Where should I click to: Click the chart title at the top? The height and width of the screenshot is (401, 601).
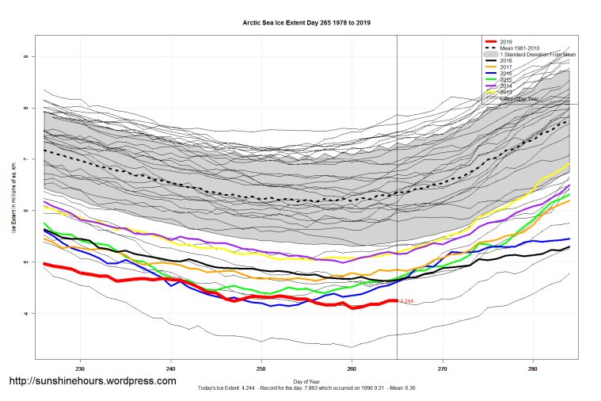point(306,23)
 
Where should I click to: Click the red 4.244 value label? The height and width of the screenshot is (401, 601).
point(406,301)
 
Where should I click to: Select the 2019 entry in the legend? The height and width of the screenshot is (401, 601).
point(507,41)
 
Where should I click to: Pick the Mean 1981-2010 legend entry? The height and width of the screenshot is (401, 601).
point(522,48)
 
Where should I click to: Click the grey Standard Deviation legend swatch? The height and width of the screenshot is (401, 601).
point(491,54)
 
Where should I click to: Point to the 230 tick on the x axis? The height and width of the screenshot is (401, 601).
point(80,368)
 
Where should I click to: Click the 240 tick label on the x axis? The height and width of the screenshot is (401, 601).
point(171,368)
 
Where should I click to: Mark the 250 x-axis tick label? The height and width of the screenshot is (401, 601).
point(261,368)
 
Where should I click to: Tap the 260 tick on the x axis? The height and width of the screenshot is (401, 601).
point(352,368)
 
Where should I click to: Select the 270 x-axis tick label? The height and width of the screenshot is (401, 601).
point(442,368)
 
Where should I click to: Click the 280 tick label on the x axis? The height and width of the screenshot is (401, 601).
point(533,368)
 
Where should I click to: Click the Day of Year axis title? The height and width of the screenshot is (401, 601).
point(306,380)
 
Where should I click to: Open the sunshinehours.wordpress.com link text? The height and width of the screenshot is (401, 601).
point(92,381)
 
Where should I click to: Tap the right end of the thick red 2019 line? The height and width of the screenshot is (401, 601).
point(396,300)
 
